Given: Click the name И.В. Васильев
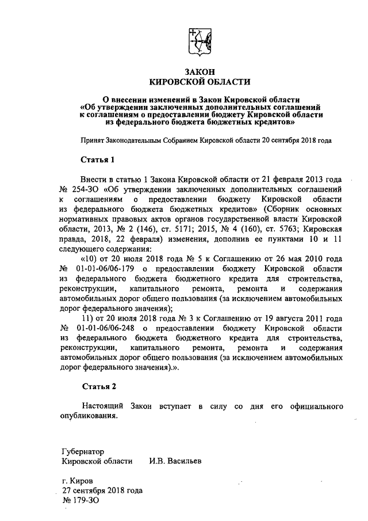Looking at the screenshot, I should click(175, 461).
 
